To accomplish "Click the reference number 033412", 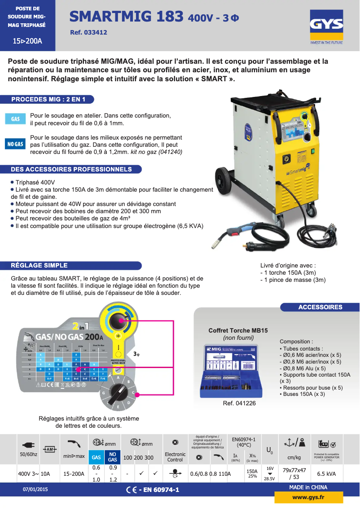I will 89,32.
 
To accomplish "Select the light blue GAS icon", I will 15,119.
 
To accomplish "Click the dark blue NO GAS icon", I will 15,144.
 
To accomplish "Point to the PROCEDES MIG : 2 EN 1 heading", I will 48,99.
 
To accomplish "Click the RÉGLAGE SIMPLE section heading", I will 40,265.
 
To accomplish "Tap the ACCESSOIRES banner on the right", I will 320,307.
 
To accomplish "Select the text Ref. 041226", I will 239,404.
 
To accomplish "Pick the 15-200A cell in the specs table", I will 74,474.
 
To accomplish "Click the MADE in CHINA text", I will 308,487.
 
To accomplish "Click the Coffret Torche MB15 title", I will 238,330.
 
